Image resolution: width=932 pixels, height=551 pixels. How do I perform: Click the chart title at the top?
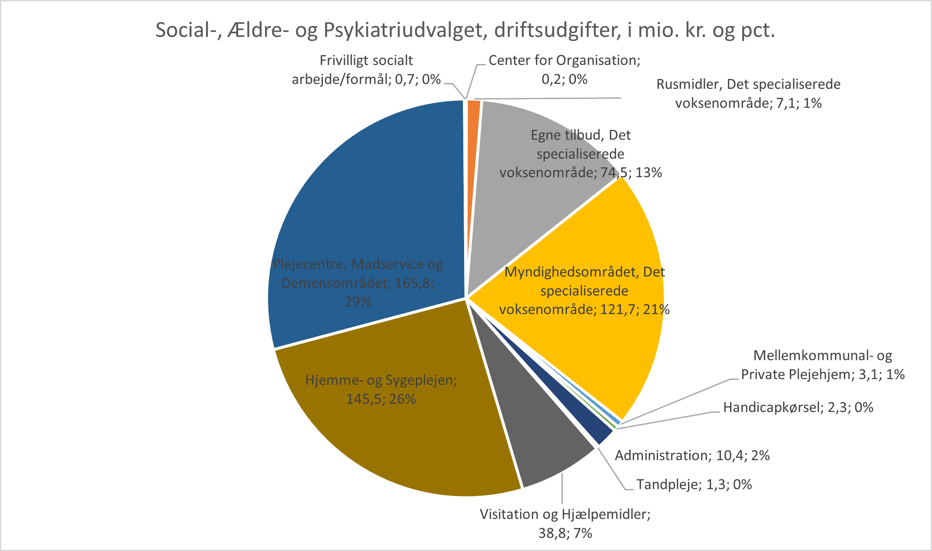(465, 30)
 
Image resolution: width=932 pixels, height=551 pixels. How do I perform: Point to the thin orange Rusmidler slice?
(474, 126)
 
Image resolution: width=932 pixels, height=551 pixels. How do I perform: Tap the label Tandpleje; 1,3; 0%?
(694, 484)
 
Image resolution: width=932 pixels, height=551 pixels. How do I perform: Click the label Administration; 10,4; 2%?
(692, 455)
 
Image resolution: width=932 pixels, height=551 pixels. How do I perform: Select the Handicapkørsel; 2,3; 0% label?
(798, 407)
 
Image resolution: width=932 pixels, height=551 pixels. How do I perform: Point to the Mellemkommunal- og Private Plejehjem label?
(822, 365)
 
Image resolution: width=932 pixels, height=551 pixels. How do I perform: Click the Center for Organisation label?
(564, 70)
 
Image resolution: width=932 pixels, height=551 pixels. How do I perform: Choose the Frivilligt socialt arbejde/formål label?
(366, 70)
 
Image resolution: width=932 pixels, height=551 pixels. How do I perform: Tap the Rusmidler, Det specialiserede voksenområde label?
(748, 94)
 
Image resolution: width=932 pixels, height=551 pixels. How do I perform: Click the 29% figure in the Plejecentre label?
(358, 302)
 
